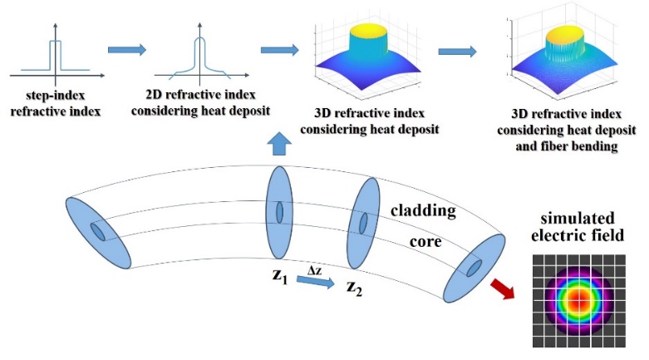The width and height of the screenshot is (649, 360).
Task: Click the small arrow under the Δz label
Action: [315, 284]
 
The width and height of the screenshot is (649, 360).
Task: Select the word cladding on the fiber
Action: [423, 210]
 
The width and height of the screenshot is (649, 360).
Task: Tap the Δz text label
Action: [315, 270]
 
